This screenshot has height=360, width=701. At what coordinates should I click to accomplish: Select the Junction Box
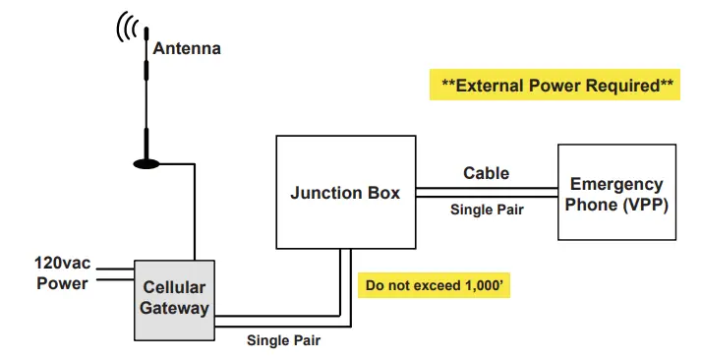[345, 193]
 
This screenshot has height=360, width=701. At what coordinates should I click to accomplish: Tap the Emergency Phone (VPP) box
[616, 193]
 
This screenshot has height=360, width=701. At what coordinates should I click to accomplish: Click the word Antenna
[186, 47]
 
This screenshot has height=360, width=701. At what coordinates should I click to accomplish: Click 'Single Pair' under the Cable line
[486, 210]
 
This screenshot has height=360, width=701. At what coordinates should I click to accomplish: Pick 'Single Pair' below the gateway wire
[283, 341]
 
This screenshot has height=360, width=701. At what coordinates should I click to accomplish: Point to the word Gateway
[176, 308]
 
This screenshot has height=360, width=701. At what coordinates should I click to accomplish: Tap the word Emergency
[616, 184]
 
